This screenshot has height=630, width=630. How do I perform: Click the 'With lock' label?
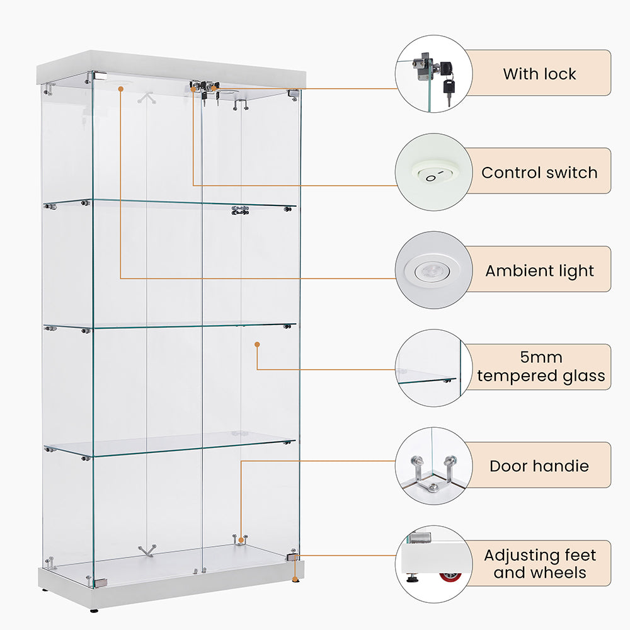click(539, 74)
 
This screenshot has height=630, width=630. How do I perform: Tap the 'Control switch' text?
click(539, 172)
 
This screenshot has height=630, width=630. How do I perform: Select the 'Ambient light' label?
click(539, 271)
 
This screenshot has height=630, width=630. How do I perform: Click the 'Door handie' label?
click(539, 466)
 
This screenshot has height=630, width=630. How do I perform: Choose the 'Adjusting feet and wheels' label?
click(539, 564)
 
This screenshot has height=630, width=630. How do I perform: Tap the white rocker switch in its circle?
click(433, 172)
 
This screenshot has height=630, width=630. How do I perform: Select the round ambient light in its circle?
click(433, 270)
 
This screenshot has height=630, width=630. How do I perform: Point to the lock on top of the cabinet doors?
click(204, 88)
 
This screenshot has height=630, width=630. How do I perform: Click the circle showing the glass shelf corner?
click(433, 368)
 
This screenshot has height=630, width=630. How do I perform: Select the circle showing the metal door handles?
click(433, 466)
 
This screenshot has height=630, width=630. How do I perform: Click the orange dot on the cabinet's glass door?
click(257, 344)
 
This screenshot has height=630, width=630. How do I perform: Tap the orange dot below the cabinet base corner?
click(294, 578)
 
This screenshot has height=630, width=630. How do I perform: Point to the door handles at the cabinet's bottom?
click(240, 539)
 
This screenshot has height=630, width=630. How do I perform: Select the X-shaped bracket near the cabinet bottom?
click(147, 551)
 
